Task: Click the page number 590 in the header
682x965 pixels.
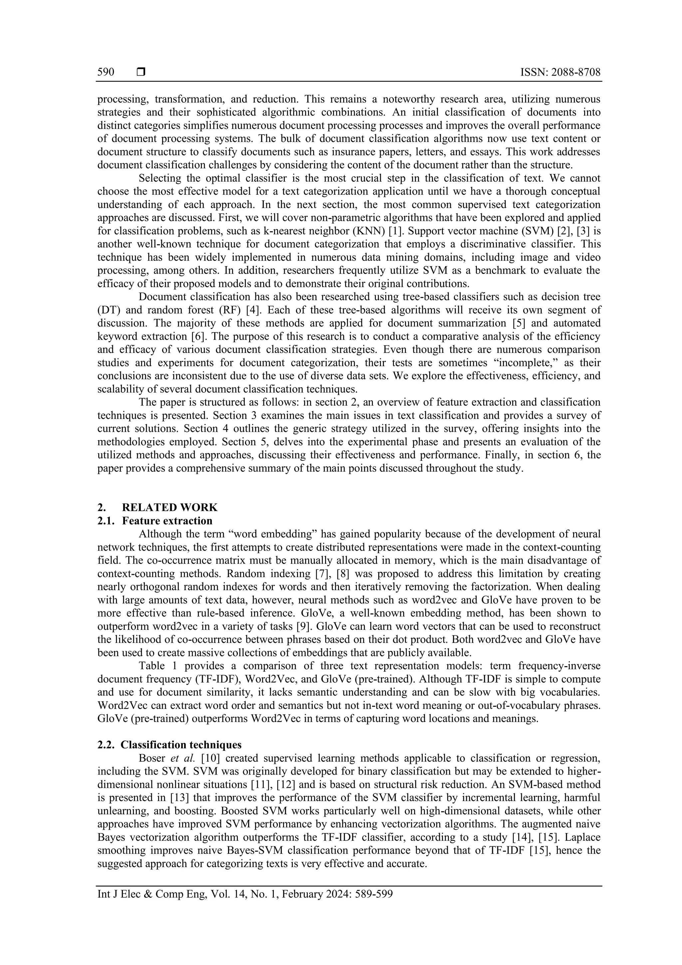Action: click(106, 72)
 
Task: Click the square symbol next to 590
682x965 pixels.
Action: click(141, 72)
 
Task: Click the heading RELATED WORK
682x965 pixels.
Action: click(170, 507)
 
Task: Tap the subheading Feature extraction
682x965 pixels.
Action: click(167, 521)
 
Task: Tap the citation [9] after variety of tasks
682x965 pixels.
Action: click(303, 626)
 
